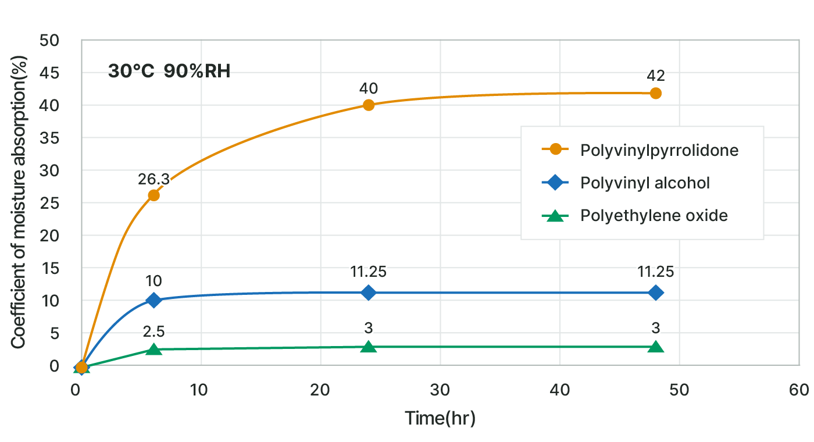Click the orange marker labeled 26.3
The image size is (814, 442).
click(153, 195)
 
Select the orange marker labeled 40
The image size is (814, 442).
click(369, 105)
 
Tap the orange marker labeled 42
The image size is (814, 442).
click(656, 93)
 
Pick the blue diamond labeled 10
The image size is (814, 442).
click(153, 300)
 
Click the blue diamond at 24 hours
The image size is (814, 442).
click(369, 292)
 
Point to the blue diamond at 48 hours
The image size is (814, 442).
click(656, 292)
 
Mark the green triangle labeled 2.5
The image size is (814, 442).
click(153, 349)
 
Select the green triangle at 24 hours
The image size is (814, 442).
click(369, 347)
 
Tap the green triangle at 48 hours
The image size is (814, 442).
click(656, 347)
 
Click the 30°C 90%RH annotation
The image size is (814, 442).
click(169, 71)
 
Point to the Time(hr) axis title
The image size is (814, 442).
click(440, 418)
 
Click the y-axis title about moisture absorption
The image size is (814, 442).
click(19, 204)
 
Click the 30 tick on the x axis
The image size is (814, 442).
click(440, 390)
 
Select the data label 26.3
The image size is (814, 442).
click(153, 179)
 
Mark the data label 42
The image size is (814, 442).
click(656, 76)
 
